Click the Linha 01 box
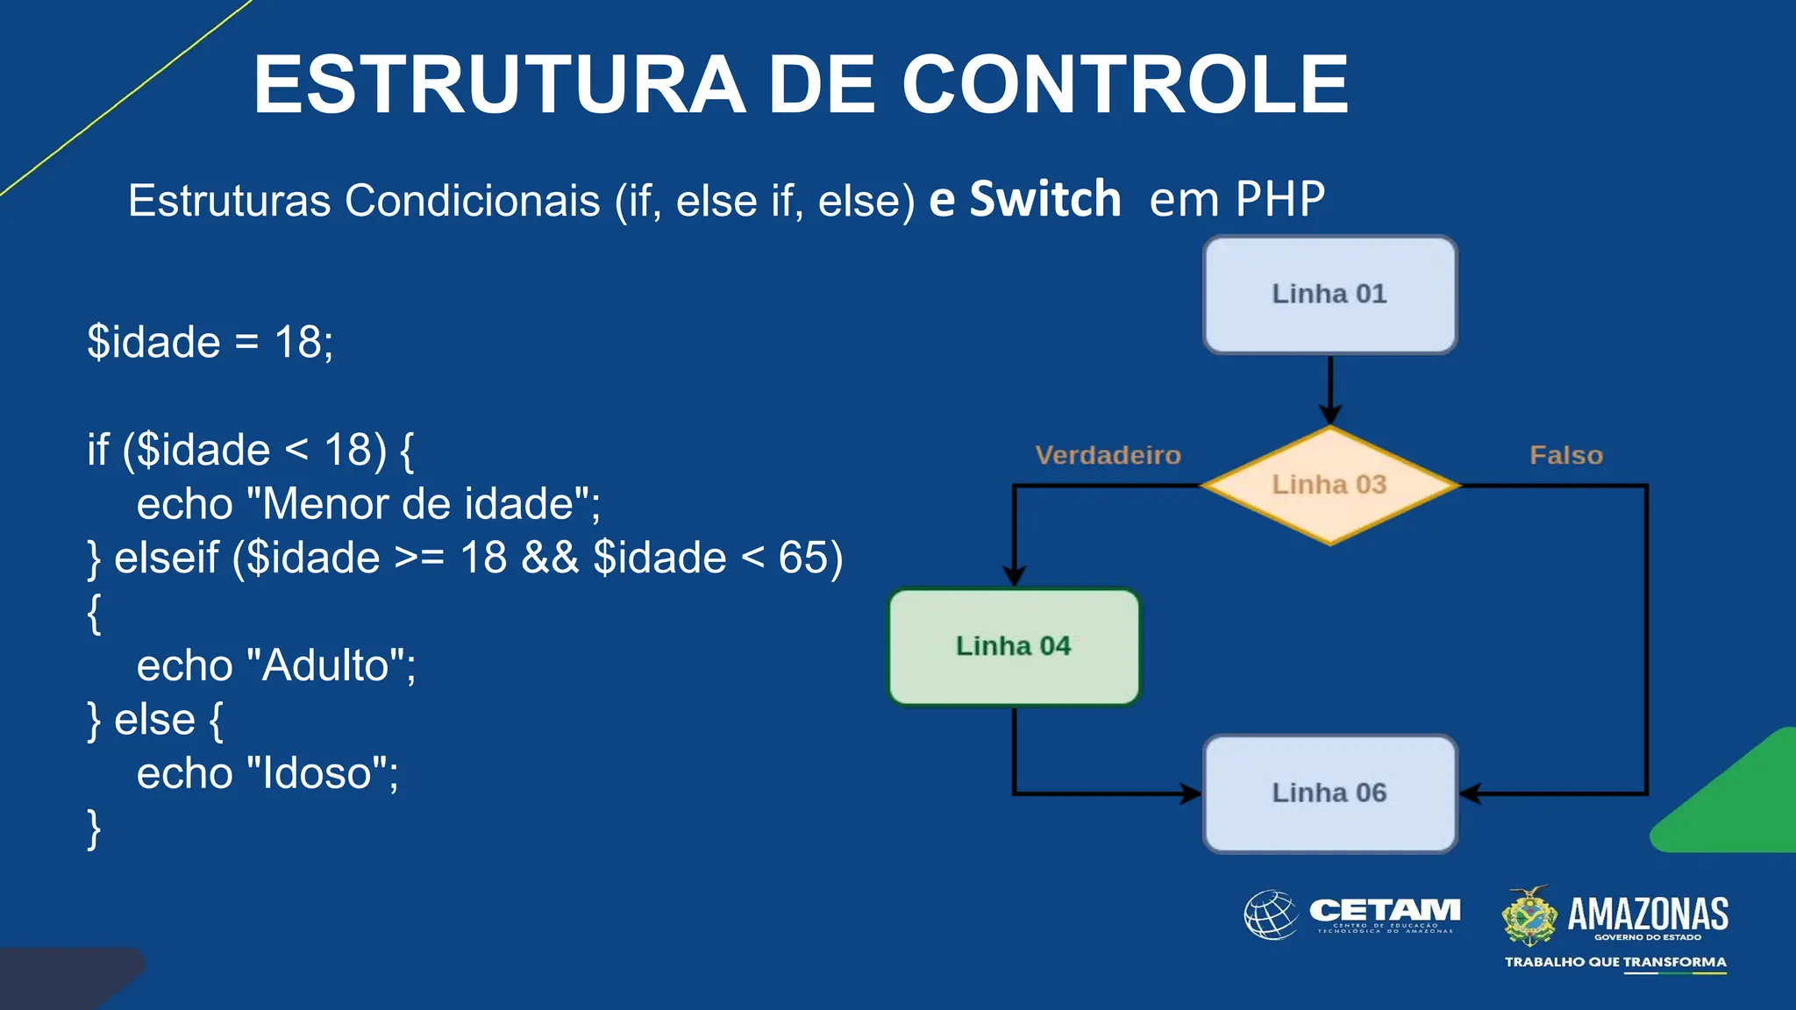pos(1329,295)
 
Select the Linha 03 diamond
pos(1329,485)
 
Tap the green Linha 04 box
pos(1014,647)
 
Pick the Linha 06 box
pos(1329,793)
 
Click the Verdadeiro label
pos(1108,455)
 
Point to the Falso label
pos(1565,455)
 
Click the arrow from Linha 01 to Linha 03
pos(1330,390)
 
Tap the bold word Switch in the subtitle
pos(1045,199)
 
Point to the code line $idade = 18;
pos(210,342)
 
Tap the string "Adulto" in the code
pos(325,665)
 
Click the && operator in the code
pos(550,558)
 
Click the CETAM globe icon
pos(1271,914)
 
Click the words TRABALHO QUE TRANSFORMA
pos(1614,962)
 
